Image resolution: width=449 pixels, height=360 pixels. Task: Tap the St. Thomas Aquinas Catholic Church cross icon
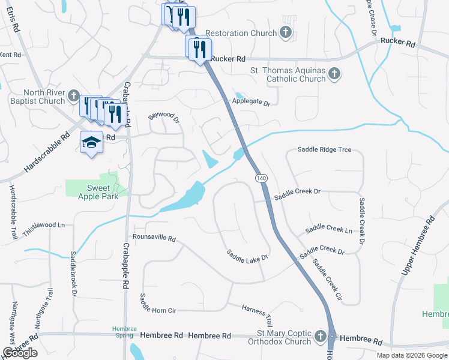tap(334, 74)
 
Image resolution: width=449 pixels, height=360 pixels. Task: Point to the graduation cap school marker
tap(91, 142)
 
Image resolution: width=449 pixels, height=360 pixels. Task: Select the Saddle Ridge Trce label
tap(324, 149)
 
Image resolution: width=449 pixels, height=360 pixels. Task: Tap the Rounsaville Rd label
tap(154, 238)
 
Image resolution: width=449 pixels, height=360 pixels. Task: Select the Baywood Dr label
tap(164, 115)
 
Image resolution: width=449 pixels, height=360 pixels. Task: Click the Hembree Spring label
tap(125, 332)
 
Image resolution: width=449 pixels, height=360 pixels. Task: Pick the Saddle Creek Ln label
tap(328, 230)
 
